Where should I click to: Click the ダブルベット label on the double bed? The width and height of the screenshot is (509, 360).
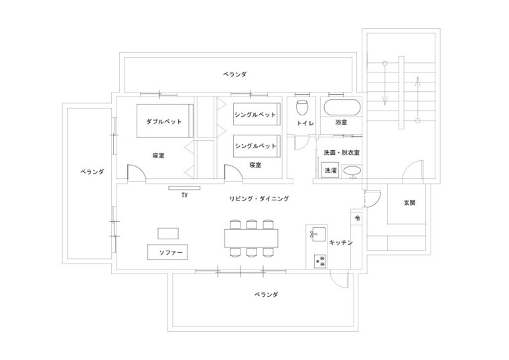click(163, 121)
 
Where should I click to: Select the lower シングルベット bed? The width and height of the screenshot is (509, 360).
click(255, 145)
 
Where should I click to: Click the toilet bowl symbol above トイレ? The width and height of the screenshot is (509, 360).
click(302, 107)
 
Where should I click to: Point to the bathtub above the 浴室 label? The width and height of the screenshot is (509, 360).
click(341, 107)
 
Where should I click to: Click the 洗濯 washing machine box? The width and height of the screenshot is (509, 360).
click(331, 171)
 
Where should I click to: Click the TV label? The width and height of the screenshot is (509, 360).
click(184, 196)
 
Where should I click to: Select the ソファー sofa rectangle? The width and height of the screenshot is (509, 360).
click(167, 253)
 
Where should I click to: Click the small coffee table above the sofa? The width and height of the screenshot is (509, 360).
click(168, 233)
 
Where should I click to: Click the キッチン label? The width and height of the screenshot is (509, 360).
click(342, 242)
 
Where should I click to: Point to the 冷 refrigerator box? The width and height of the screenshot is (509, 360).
click(358, 219)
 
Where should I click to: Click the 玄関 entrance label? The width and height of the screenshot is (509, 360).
click(409, 202)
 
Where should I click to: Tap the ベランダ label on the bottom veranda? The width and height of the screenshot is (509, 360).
click(266, 294)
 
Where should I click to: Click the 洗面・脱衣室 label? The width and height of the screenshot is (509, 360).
click(342, 153)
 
